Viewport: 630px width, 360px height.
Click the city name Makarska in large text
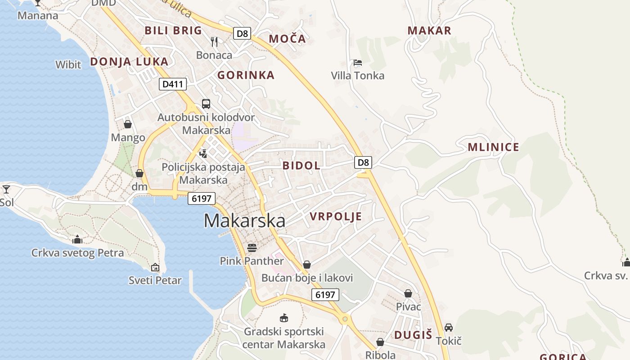(x=244, y=221)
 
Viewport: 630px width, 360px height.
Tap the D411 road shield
(x=172, y=84)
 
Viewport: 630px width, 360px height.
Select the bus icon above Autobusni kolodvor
(x=206, y=104)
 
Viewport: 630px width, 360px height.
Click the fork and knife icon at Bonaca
(x=214, y=42)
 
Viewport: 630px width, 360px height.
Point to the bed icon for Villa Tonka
(x=358, y=63)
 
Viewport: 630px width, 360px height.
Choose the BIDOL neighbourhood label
(x=301, y=166)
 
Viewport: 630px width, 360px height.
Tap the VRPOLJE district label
(x=336, y=217)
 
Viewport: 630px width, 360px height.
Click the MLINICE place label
(x=493, y=147)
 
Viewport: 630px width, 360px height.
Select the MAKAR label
(x=429, y=31)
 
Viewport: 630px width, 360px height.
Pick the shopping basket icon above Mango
(x=128, y=124)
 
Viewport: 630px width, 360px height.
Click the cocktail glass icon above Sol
(x=6, y=189)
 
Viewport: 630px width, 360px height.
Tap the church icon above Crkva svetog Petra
(x=77, y=239)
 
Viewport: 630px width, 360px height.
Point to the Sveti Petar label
(x=155, y=280)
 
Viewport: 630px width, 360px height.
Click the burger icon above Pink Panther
(x=252, y=247)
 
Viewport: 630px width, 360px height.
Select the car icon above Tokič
(x=449, y=327)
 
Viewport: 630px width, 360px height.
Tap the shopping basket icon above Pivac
(x=408, y=293)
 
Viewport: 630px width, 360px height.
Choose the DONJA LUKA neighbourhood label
(x=130, y=62)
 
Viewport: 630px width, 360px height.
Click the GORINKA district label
(x=246, y=75)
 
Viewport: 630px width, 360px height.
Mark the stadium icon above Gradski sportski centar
(x=283, y=318)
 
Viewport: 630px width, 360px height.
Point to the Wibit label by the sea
(x=68, y=65)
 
